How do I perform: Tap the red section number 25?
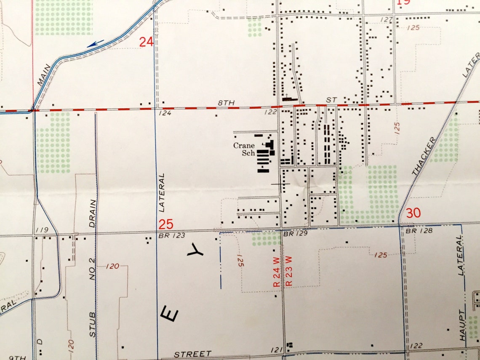[x=166, y=224]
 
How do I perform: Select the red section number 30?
[x=413, y=213]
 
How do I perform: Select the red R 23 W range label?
[x=289, y=271]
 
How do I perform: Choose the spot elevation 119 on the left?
[x=43, y=229]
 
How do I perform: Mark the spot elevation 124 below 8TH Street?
[x=164, y=113]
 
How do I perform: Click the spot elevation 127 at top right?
[x=386, y=20]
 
